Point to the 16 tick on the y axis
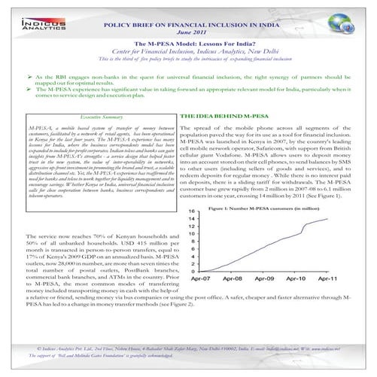(x=193, y=211)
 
